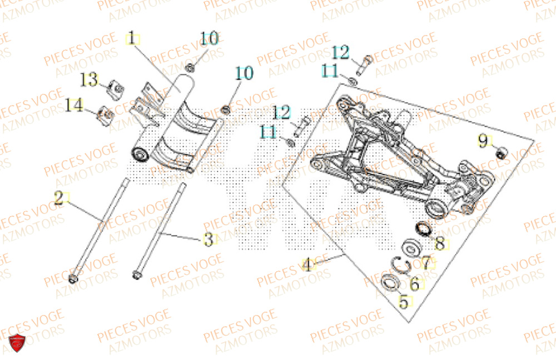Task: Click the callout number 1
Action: (x=132, y=40)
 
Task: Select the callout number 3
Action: (x=208, y=240)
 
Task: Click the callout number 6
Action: (x=414, y=284)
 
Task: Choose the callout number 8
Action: (x=439, y=243)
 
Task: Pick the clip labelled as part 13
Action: (x=116, y=87)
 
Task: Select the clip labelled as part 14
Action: (x=106, y=114)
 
